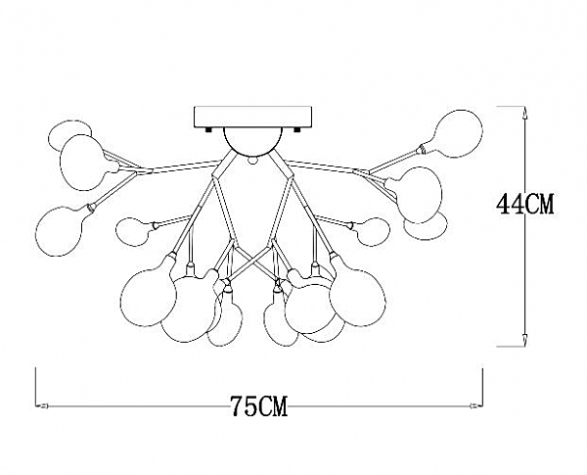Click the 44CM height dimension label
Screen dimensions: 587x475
(524, 205)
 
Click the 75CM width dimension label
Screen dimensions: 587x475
(258, 406)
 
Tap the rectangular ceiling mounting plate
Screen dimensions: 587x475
(252, 117)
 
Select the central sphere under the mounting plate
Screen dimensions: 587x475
(252, 141)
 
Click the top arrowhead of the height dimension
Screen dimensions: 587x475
(525, 114)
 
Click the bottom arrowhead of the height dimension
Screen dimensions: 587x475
(525, 340)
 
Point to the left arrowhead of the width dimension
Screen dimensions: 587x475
(42, 405)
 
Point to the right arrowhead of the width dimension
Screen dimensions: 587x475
(475, 405)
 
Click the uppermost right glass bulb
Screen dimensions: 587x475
(458, 133)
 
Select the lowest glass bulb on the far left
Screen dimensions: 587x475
(59, 231)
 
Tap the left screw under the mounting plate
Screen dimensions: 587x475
(208, 129)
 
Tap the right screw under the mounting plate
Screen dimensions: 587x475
(297, 129)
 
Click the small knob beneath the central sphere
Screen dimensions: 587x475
(253, 160)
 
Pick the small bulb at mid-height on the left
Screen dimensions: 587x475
(132, 232)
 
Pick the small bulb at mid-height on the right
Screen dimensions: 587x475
(374, 232)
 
